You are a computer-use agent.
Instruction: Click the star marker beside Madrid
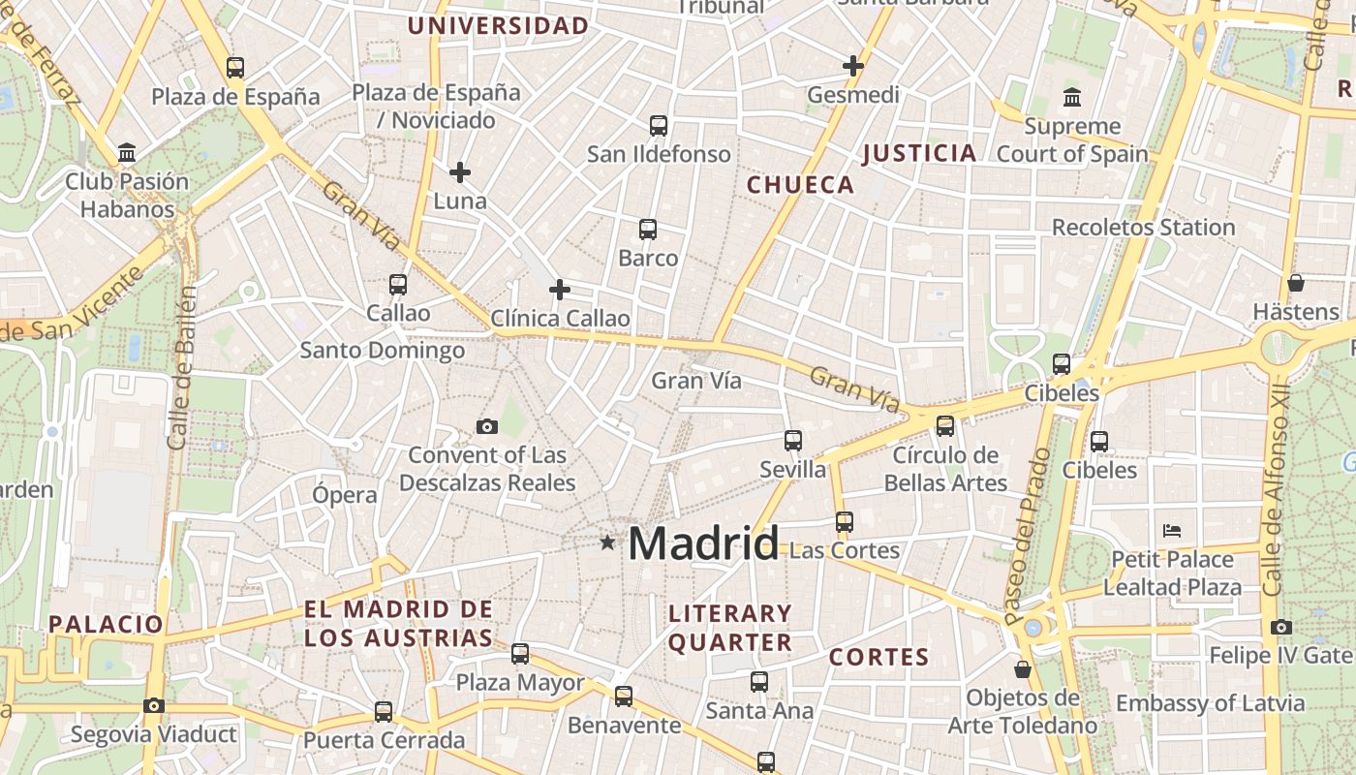[607, 542]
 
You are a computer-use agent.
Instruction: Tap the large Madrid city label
[703, 544]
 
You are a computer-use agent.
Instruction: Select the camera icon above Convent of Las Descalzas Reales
[487, 426]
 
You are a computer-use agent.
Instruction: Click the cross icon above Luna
[460, 172]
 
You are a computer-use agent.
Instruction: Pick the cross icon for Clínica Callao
[560, 289]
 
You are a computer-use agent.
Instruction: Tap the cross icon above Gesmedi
[853, 66]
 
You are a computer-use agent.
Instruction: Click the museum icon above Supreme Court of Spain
[1072, 97]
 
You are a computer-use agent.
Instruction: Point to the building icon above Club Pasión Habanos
[127, 152]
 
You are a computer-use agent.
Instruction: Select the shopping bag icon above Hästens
[1296, 283]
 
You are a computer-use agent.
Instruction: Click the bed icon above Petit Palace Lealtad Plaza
[1172, 531]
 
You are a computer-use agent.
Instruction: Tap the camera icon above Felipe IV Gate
[1281, 627]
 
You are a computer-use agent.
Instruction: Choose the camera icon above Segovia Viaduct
[154, 705]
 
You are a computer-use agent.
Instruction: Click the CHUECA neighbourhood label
[800, 185]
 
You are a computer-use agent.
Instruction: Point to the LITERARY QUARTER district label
[730, 628]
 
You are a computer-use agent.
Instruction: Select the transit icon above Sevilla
[793, 441]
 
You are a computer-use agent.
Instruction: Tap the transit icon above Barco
[648, 230]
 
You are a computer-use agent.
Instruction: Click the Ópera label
[345, 495]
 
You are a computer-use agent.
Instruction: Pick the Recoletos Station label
[1143, 228]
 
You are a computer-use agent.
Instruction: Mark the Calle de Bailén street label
[180, 368]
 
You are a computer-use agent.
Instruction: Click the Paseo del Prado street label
[1027, 536]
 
